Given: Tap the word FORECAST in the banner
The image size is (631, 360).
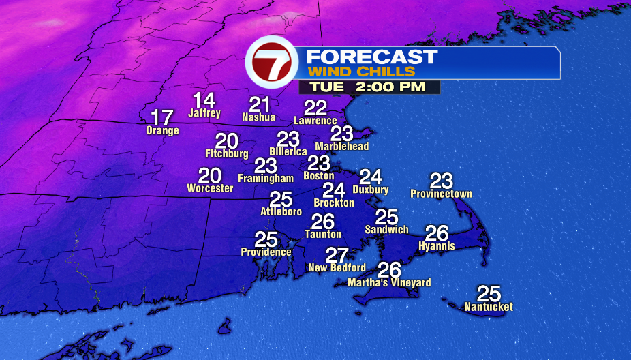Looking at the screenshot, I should point(371,57).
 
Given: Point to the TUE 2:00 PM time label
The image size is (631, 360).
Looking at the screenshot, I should point(368,87).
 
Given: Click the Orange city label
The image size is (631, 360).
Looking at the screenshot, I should point(162,130).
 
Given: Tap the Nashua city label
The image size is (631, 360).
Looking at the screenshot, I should point(259,117).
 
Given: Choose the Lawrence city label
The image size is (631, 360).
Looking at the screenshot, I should point(315,121).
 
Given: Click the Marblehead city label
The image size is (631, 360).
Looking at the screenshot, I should point(342,146).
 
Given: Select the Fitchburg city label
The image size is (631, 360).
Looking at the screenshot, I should point(226,154).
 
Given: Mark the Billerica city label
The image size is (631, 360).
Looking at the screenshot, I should point(288,151).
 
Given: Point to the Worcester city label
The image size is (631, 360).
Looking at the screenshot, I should point(210,188).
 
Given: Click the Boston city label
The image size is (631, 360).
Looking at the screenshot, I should point(319,176).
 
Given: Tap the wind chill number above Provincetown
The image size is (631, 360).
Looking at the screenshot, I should point(442,181).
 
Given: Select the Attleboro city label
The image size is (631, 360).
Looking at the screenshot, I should point(281,212).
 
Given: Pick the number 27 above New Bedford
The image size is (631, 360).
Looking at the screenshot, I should point(337,255).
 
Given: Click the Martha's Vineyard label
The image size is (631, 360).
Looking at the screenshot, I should point(389,282).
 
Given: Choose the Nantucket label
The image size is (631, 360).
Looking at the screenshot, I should point(489,307).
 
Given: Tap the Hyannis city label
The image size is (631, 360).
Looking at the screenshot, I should point(437,245).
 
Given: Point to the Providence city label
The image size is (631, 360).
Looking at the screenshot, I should point(266,252).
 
